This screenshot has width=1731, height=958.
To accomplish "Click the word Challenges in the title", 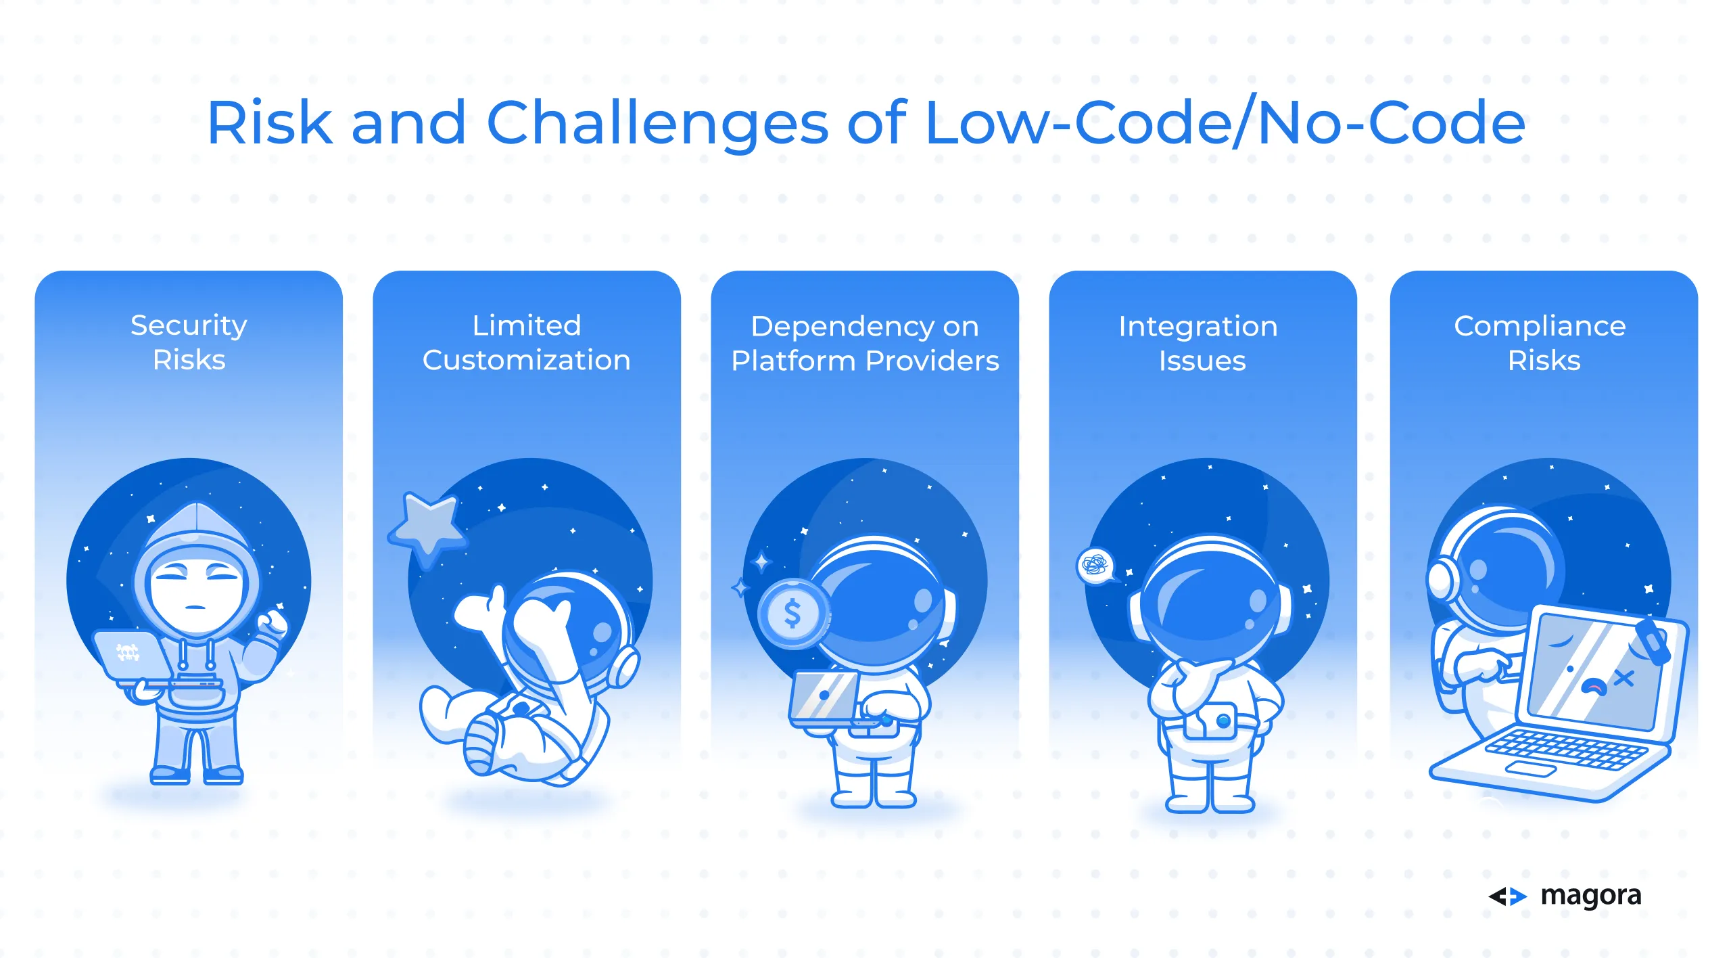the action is pos(657,123).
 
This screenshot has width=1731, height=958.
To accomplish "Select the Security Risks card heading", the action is pos(189,342).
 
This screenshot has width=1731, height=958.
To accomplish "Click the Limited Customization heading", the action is pos(527,342).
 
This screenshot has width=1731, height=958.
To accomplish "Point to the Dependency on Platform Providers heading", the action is pos(865,343).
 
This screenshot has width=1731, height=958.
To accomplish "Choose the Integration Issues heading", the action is pos(1198,343).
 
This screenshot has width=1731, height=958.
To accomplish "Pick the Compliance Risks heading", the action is pos(1540,343).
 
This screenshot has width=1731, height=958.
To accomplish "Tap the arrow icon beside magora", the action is pos(1507,896).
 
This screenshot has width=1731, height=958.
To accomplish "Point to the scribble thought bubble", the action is pos(1095,565).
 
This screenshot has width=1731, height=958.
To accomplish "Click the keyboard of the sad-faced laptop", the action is pos(1566,749).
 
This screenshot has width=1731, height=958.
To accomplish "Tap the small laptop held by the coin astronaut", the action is pos(824,697).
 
